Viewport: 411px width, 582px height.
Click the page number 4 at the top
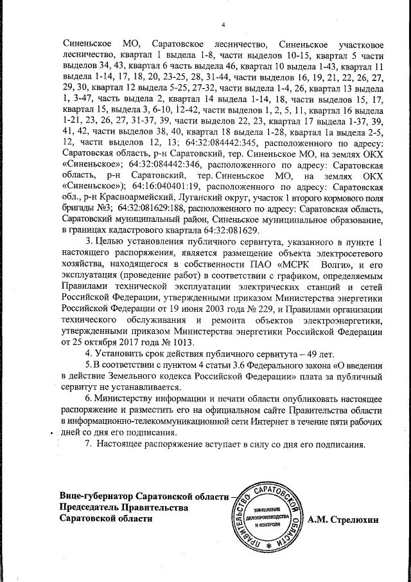coord(223,25)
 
